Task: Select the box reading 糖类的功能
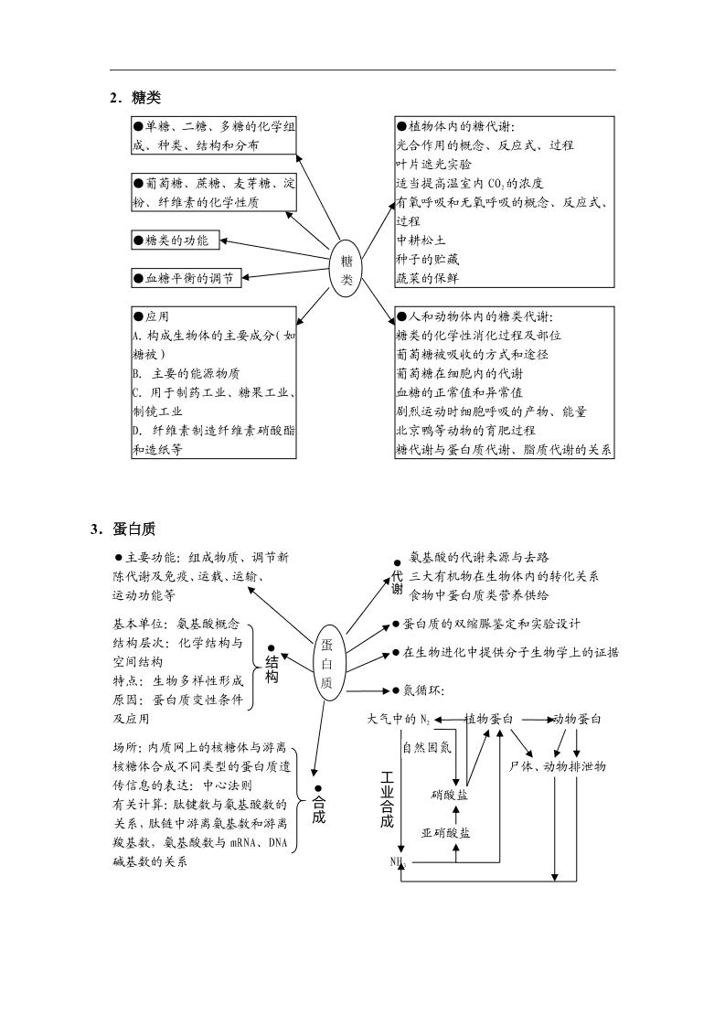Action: click(x=172, y=241)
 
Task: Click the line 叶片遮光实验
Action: click(x=434, y=165)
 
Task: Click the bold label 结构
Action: click(x=272, y=668)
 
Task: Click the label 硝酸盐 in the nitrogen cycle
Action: click(x=449, y=794)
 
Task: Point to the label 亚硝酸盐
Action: click(x=446, y=833)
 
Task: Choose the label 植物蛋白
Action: click(x=489, y=720)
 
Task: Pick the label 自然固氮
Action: click(x=426, y=747)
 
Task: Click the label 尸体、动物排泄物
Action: click(x=561, y=765)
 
